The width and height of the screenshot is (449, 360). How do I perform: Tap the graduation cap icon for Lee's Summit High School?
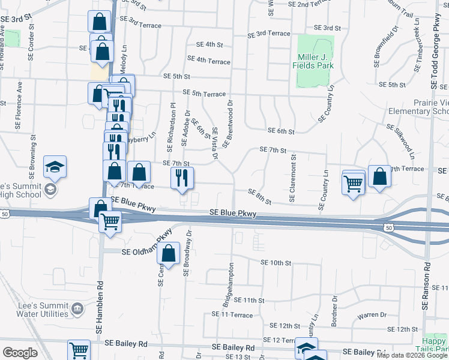55,167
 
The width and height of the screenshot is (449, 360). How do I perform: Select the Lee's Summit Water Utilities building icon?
77,308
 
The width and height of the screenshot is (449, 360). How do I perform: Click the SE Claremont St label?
293,178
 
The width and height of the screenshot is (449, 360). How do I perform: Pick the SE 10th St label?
276,263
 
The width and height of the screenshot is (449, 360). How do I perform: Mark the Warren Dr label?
372,314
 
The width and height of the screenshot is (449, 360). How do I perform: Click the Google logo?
20,353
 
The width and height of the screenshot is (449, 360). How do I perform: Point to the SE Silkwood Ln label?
400,141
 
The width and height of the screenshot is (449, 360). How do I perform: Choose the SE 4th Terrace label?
208,61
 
